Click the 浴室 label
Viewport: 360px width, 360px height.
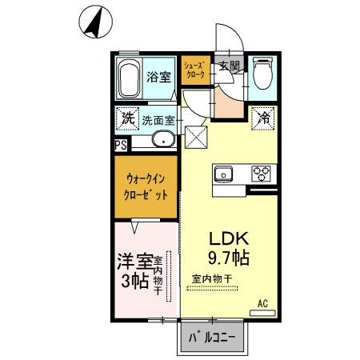pyautogui.click(x=159, y=78)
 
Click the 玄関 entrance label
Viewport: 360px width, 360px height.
pyautogui.click(x=230, y=67)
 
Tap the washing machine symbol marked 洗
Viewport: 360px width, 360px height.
pyautogui.click(x=127, y=118)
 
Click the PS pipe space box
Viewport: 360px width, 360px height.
pyautogui.click(x=120, y=145)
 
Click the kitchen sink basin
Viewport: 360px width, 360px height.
pyautogui.click(x=224, y=171)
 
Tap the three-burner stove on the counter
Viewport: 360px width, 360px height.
pyautogui.click(x=262, y=171)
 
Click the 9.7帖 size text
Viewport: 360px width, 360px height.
pyautogui.click(x=230, y=258)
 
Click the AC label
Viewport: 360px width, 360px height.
pyautogui.click(x=262, y=303)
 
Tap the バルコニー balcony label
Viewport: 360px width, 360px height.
pyautogui.click(x=212, y=337)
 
